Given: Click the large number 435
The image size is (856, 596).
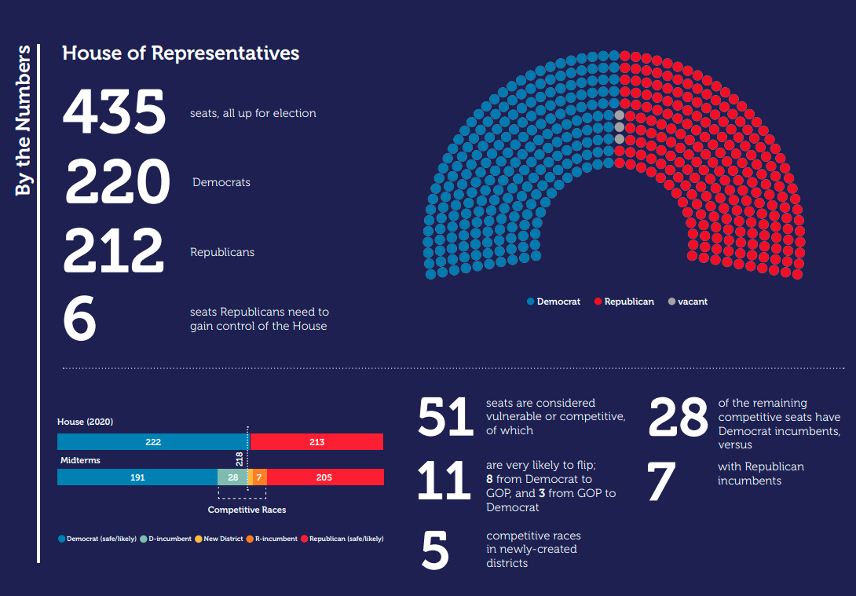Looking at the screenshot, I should point(114,112).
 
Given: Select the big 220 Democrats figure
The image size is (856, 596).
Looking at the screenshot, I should point(117,182).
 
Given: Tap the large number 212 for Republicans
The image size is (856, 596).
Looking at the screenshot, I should point(113,251).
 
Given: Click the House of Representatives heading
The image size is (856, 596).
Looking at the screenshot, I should point(181,53).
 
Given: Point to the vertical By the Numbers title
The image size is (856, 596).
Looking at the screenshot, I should point(24,120).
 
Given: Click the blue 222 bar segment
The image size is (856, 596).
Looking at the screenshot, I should point(153,442).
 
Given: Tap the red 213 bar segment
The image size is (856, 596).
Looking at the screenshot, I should point(316,442).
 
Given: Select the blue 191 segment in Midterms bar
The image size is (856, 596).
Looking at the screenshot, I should point(137,477).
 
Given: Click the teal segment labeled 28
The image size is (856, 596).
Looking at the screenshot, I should point(232,477).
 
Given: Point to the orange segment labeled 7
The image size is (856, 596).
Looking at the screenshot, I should point(260,477).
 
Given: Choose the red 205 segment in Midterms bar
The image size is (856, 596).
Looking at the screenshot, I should point(324,477).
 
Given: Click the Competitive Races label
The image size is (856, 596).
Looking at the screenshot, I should point(247,510).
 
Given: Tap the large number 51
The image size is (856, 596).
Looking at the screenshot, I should point(445,417).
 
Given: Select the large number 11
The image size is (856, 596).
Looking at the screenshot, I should point(444,481).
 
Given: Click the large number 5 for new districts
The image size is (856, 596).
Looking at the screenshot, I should point(435,550).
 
